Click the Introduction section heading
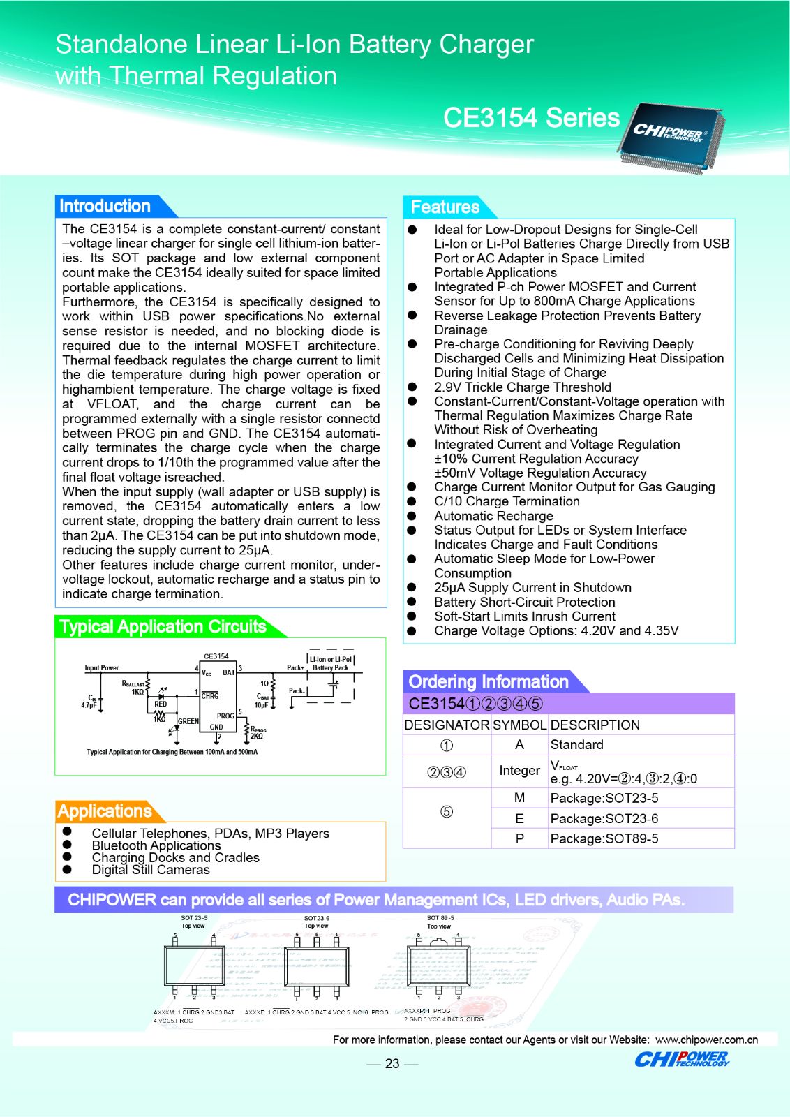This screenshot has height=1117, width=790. point(105,206)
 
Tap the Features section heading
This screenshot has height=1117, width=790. point(445,207)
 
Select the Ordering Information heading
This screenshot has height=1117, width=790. point(489,681)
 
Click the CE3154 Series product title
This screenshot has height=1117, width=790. point(531,118)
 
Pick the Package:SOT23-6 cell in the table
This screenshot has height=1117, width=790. point(604,818)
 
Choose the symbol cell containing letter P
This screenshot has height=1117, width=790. point(519,838)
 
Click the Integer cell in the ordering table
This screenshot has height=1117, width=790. point(519,771)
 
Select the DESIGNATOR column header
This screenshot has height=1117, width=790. point(447,725)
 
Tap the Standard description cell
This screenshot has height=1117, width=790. point(577,745)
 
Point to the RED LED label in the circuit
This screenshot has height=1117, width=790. point(161,704)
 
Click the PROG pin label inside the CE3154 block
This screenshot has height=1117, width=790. point(225,716)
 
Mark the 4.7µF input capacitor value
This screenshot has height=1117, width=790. point(89,705)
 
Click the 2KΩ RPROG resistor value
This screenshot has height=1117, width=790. point(257,736)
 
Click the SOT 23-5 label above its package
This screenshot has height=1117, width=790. point(194,918)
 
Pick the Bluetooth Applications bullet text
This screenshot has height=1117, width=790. point(156,845)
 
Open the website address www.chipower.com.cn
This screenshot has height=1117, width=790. point(706,1040)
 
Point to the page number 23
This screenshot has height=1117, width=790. point(392,1063)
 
